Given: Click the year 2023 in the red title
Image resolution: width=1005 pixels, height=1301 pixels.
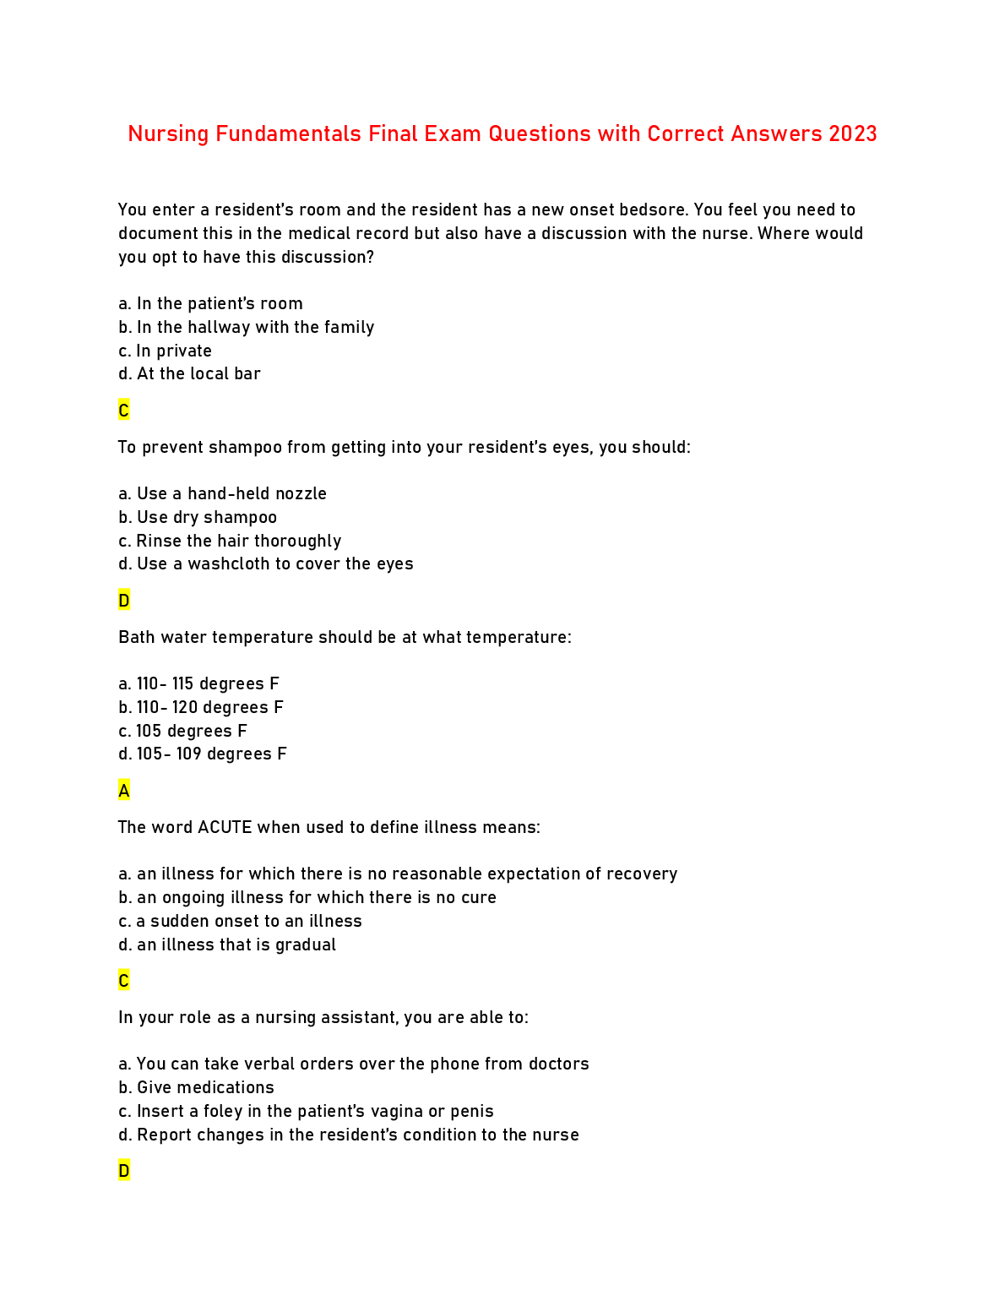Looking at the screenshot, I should coord(852,134).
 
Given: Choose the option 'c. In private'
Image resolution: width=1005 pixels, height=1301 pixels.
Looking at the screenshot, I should coord(165,351).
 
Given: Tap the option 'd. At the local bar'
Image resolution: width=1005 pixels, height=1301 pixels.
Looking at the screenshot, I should coord(189,373).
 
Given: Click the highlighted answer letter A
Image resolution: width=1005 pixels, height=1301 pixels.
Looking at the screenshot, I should coord(124,791).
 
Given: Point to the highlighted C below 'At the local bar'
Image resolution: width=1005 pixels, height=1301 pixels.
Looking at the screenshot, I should coord(124,411).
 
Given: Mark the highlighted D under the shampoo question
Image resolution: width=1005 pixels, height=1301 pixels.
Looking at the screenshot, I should coord(124,601).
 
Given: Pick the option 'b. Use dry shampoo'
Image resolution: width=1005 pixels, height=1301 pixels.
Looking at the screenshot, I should coord(198,517).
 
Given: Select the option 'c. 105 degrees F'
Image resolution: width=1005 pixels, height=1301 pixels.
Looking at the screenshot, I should coord(182,731).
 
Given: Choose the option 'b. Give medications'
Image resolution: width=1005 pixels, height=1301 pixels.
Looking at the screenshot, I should coord(196,1087).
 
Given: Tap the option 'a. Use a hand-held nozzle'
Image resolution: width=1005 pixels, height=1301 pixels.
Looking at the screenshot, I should coord(222,493).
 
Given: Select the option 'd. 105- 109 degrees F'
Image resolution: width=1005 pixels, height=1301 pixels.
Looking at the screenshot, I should coord(203,754).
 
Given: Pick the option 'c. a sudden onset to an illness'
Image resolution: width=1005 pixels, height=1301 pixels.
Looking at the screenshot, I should coord(240,921).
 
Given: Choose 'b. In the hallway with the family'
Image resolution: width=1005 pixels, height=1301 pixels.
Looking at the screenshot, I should coord(246,327).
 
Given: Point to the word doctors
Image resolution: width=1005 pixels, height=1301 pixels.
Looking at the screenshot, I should coord(558,1064).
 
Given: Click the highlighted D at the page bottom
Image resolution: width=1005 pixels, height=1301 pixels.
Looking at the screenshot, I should coord(124,1171).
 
